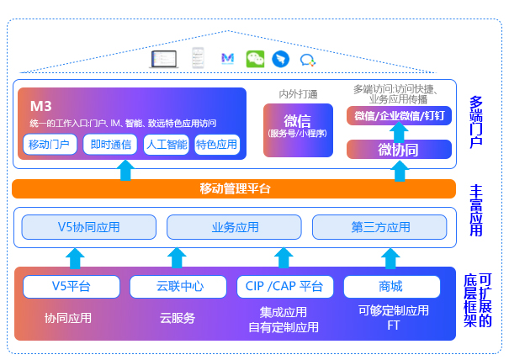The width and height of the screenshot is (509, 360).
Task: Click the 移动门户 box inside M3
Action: pos(50,145)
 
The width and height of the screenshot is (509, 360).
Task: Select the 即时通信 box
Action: pos(109,145)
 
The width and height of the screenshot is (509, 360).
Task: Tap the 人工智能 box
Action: pos(166,145)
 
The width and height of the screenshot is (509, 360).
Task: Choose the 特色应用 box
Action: pos(217,145)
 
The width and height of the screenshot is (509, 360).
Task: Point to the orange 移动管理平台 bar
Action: pos(235,188)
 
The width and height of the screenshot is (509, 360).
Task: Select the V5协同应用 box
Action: pos(88,227)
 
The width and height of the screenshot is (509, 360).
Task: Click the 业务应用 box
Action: pos(234,227)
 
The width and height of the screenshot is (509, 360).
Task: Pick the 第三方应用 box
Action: pos(380,227)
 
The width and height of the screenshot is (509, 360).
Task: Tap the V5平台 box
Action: pos(71,287)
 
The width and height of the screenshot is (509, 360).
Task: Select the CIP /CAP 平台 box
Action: pos(284,287)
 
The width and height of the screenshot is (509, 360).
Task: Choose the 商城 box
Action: pos(390,287)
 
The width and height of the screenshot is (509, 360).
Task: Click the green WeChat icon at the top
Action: pos(254,59)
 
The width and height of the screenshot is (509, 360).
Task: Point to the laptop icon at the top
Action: pos(163,59)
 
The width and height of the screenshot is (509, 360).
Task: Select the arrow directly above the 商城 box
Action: pos(390,257)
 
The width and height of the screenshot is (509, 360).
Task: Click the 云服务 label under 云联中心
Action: pos(178,318)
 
